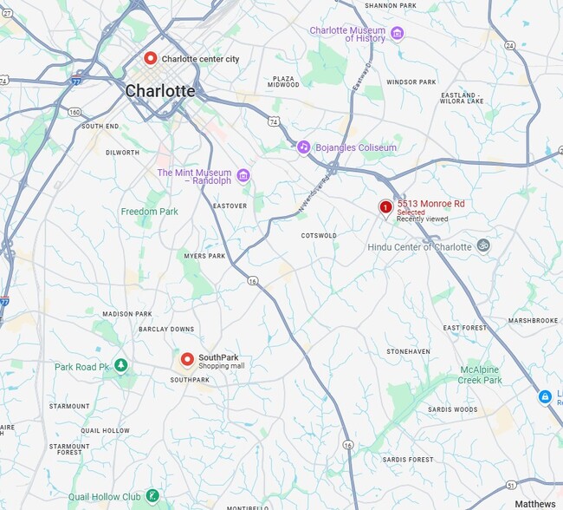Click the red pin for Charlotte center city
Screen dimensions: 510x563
pos(151,58)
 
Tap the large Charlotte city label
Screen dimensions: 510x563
pos(160,90)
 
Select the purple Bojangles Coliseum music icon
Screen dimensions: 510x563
pos(303,147)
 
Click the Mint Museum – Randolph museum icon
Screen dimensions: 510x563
pos(243,176)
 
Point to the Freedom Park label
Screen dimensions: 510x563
pos(149,212)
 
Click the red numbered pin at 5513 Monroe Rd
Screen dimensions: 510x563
pos(385,206)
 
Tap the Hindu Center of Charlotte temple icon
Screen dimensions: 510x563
pos(483,246)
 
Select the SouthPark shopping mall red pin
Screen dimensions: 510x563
pos(186,359)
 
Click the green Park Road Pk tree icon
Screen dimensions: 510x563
pos(121,366)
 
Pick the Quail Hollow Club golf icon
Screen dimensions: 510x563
pos(152,495)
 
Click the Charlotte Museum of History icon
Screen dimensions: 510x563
pos(397,34)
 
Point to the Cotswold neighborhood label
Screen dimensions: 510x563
pos(318,235)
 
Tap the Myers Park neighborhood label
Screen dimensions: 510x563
pos(204,256)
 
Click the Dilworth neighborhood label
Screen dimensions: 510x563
pos(122,153)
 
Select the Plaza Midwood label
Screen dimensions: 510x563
pos(283,82)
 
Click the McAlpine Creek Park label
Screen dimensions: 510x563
pos(480,375)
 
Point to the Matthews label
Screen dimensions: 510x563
pos(534,504)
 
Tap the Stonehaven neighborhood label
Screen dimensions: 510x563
pos(408,351)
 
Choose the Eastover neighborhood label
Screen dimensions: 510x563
pos(230,206)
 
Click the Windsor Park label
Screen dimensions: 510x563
pos(411,82)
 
